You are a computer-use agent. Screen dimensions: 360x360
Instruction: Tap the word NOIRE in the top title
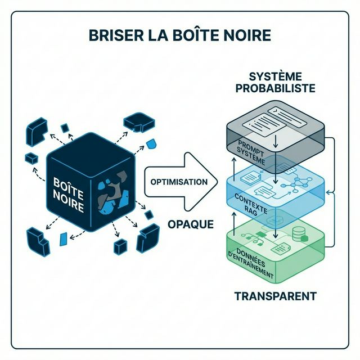tap(245, 35)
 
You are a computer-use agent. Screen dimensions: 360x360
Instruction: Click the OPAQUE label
tap(191, 224)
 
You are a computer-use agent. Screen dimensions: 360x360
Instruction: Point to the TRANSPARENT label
tap(275, 296)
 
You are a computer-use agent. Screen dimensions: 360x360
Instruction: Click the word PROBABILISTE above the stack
tap(276, 88)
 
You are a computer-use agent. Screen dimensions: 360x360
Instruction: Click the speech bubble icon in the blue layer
tap(267, 192)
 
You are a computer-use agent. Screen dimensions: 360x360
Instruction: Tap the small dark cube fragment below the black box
tap(120, 246)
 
